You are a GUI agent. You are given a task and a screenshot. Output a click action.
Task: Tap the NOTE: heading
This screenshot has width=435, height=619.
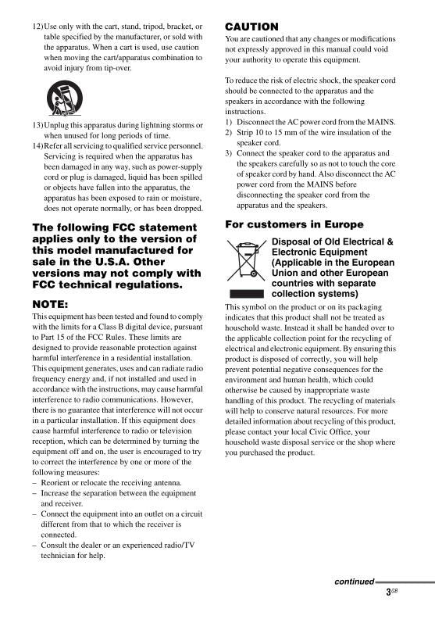pos(52,303)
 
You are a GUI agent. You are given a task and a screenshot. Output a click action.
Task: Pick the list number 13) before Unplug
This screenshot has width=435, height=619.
pos(37,125)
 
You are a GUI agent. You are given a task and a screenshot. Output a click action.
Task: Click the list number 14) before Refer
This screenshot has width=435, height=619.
pos(37,146)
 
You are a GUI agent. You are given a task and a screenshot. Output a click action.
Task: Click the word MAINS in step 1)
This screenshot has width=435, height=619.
pos(383,123)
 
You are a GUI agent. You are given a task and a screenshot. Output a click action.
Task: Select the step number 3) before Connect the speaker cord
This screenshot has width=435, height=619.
pos(228,154)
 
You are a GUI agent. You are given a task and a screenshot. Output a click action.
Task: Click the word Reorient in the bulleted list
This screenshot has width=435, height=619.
pos(58,483)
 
